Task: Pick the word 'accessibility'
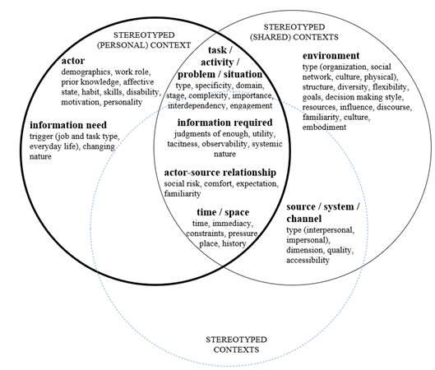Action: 308,260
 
